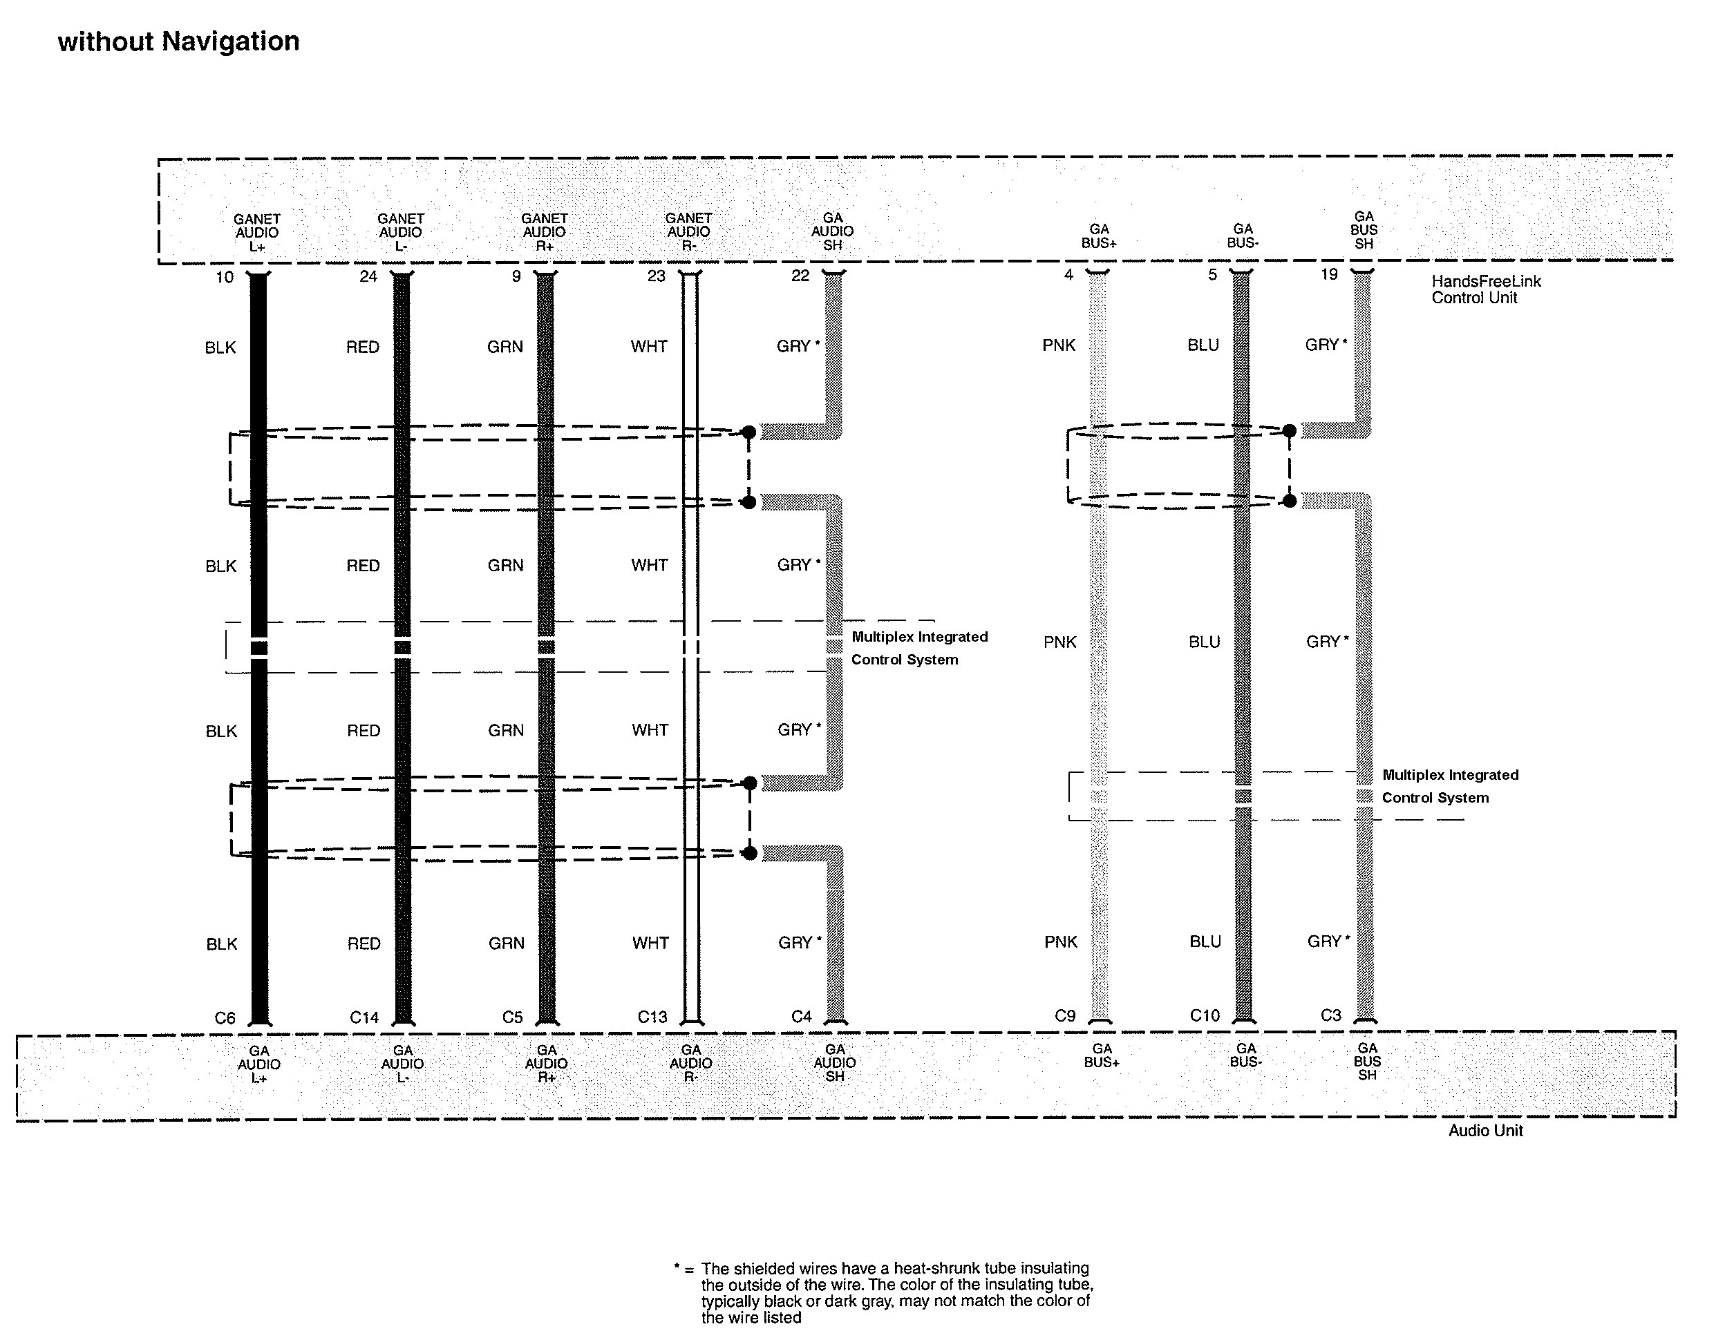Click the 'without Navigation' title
178,41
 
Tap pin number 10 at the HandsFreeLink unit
225,277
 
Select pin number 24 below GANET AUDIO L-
368,277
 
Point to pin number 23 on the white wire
657,276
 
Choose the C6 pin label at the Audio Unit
225,1018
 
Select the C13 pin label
652,1017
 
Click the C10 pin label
1205,1015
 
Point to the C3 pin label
1331,1015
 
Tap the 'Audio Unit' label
1485,1131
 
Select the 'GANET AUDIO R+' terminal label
544,232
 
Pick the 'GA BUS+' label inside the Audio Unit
1102,1055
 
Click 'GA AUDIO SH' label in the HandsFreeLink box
833,231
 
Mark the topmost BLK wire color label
220,348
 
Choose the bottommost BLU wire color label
1205,942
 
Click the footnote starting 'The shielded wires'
896,1292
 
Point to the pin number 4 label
1068,275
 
